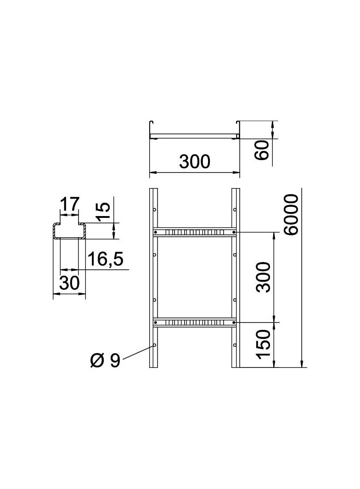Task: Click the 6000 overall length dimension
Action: (291, 214)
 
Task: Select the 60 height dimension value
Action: (261, 150)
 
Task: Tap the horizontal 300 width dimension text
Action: (194, 161)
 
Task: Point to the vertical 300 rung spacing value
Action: (263, 277)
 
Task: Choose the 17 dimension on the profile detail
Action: (69, 204)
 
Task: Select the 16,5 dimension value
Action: (105, 259)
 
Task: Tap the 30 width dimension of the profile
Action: (69, 283)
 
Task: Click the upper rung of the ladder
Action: (195, 232)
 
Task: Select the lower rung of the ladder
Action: (195, 322)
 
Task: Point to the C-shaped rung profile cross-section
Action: (69, 231)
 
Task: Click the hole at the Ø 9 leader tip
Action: (155, 345)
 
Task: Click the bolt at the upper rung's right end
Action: (234, 232)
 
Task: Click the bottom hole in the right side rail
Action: (235, 345)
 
